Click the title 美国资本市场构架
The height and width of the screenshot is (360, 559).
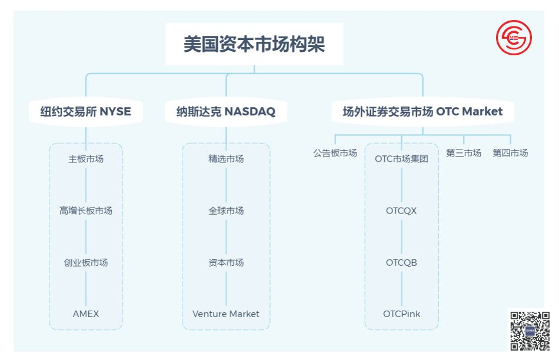click(254, 45)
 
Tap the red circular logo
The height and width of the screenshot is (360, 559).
click(513, 39)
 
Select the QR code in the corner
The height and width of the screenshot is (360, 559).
click(530, 330)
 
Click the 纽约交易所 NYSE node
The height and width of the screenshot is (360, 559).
click(86, 112)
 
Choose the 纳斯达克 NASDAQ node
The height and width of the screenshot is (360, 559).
click(226, 112)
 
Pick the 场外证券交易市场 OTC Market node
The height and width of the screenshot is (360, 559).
click(422, 112)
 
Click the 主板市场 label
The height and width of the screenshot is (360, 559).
click(86, 159)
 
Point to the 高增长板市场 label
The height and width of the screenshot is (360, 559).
click(86, 211)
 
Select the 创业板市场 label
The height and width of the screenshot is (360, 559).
click(86, 262)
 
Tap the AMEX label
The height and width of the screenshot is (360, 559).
click(86, 314)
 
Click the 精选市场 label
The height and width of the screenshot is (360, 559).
click(226, 159)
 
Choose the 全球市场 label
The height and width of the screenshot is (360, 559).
click(226, 211)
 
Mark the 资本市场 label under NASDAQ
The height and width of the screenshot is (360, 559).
click(226, 262)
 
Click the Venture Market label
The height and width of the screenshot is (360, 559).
click(226, 314)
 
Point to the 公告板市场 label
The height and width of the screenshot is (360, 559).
click(335, 153)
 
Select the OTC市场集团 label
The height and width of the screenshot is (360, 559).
click(401, 159)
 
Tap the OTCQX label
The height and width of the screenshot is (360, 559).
click(401, 211)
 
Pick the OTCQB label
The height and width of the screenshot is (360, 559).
click(401, 262)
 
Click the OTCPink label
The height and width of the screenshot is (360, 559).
click(401, 314)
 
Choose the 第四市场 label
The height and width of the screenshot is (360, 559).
click(510, 153)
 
